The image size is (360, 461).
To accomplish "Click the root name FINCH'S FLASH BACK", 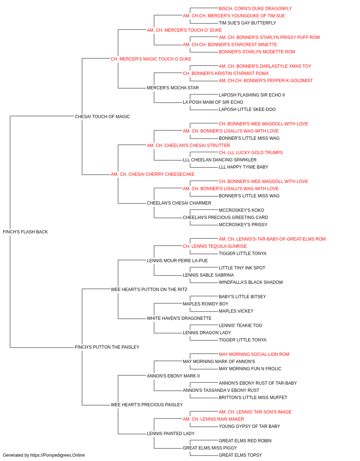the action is pyautogui.click(x=25, y=232).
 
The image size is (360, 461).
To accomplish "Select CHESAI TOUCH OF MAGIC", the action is pyautogui.click(x=102, y=117).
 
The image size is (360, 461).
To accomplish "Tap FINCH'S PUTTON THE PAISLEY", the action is pyautogui.click(x=107, y=347).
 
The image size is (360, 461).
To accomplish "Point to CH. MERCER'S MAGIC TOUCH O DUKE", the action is pyautogui.click(x=151, y=59).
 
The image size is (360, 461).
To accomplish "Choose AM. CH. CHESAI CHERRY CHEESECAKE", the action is pyautogui.click(x=152, y=174).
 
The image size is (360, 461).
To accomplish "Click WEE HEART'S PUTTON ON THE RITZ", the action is pyautogui.click(x=149, y=290).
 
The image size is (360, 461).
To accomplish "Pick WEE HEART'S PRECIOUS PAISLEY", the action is pyautogui.click(x=147, y=405).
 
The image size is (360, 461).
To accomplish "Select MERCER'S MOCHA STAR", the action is pyautogui.click(x=172, y=88).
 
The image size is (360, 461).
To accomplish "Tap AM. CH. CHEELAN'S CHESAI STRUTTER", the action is pyautogui.click(x=188, y=146).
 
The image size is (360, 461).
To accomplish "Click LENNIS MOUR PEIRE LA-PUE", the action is pyautogui.click(x=177, y=261).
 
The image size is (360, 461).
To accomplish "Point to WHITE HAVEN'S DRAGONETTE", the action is pyautogui.click(x=179, y=318).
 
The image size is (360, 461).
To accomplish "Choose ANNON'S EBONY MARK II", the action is pyautogui.click(x=173, y=376).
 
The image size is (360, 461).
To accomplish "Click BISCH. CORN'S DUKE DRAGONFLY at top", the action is pyautogui.click(x=255, y=9).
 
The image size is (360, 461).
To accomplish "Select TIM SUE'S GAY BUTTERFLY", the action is pyautogui.click(x=247, y=23).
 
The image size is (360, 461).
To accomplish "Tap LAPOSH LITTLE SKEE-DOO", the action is pyautogui.click(x=247, y=109).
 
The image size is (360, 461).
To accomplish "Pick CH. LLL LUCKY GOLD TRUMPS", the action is pyautogui.click(x=251, y=153).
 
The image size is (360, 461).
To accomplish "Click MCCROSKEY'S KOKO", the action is pyautogui.click(x=241, y=210).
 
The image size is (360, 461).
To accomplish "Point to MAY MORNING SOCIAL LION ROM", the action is pyautogui.click(x=254, y=354).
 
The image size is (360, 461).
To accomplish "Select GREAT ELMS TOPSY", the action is pyautogui.click(x=240, y=455).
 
